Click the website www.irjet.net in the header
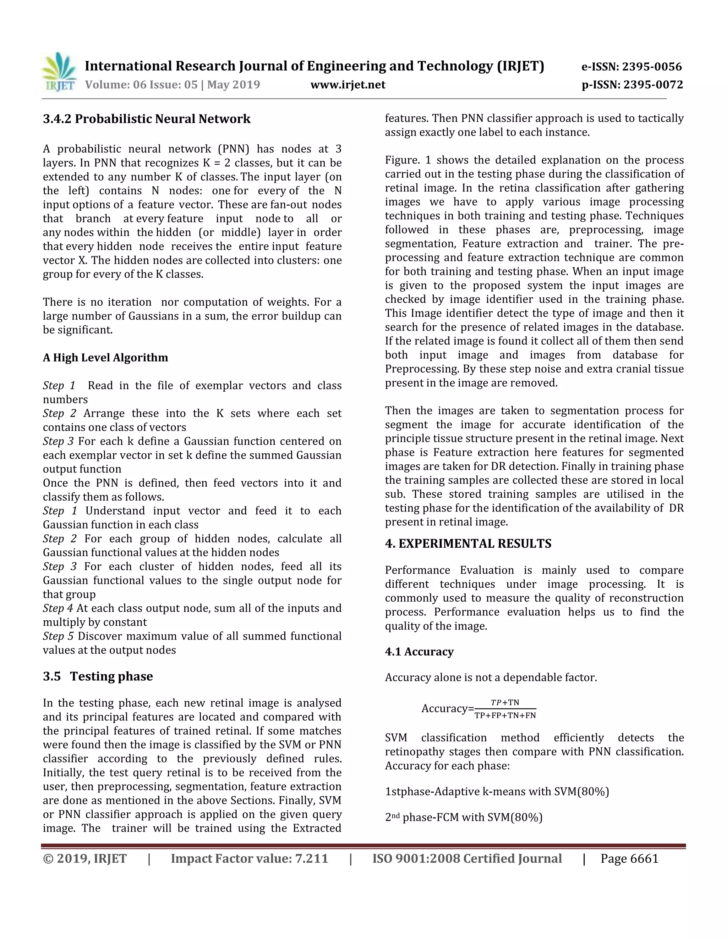tap(348, 85)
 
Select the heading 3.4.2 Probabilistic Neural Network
tap(147, 119)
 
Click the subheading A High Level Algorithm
tap(105, 358)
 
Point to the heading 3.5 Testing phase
tap(98, 676)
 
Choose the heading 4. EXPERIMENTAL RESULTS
tap(468, 543)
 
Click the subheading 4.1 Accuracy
tap(419, 652)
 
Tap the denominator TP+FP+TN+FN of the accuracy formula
tap(505, 716)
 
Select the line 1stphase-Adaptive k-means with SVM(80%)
tap(497, 791)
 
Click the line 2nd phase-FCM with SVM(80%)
tap(463, 817)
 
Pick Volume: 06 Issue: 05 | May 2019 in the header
tap(172, 85)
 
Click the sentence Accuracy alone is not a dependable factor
tap(491, 678)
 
